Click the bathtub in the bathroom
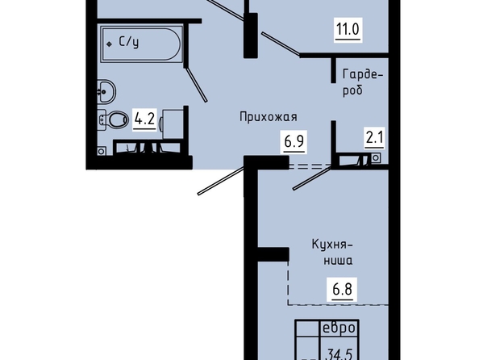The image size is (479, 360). tap(141, 44)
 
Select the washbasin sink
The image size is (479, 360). tap(106, 91)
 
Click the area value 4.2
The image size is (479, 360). tap(144, 119)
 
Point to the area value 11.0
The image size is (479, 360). tap(348, 29)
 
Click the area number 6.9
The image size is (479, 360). tap(294, 141)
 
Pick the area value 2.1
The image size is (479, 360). tap(374, 138)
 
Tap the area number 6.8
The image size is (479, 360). tap(342, 289)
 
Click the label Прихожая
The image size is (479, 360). tap(269, 117)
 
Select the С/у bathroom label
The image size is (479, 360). tap(128, 42)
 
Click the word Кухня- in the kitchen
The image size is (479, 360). tap(332, 245)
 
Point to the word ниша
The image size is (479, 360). tap(338, 261)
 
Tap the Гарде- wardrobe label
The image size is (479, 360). tap(363, 74)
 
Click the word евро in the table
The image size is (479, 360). tap(339, 328)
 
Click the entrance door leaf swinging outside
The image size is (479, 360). tap(221, 180)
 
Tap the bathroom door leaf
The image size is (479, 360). tap(196, 84)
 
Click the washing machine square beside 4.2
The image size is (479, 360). tap(173, 123)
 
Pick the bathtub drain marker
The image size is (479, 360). tap(109, 44)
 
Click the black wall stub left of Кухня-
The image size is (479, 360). tap(273, 254)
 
